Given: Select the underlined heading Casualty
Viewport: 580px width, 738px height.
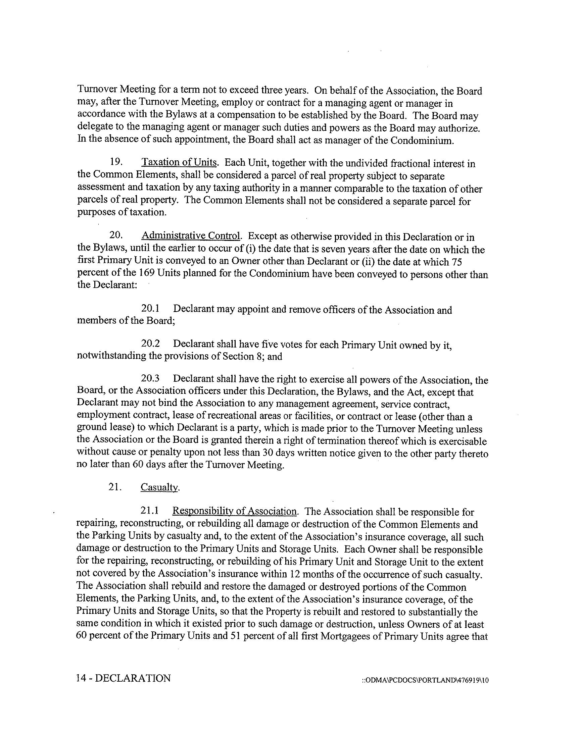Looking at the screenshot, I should tap(159, 488).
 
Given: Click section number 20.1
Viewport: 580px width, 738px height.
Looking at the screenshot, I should tap(150, 309).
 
